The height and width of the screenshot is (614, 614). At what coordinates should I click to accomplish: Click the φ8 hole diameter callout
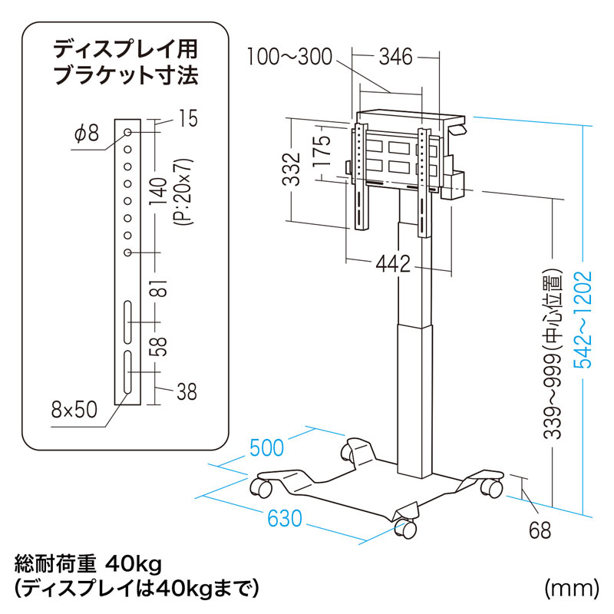(x=87, y=134)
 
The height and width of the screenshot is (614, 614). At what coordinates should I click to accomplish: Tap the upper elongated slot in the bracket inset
(x=128, y=323)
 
